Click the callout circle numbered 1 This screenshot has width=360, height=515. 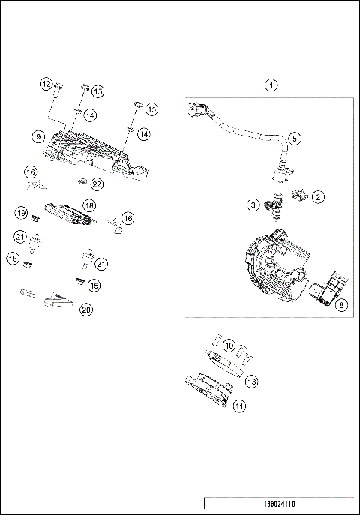click(x=271, y=86)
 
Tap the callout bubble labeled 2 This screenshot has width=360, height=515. click(x=318, y=197)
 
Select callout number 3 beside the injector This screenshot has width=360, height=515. click(x=254, y=204)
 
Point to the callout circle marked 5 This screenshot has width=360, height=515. click(x=294, y=139)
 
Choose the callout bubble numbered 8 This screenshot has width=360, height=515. click(x=341, y=305)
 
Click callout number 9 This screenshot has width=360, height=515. click(x=37, y=136)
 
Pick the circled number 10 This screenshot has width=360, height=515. click(x=229, y=346)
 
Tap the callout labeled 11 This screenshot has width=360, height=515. click(x=239, y=406)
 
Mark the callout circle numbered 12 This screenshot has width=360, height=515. click(x=46, y=83)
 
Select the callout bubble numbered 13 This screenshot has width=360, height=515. click(x=252, y=382)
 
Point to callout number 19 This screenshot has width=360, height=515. click(x=22, y=213)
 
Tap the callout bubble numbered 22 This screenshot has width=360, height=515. click(x=97, y=184)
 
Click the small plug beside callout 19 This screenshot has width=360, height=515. click(x=35, y=219)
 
